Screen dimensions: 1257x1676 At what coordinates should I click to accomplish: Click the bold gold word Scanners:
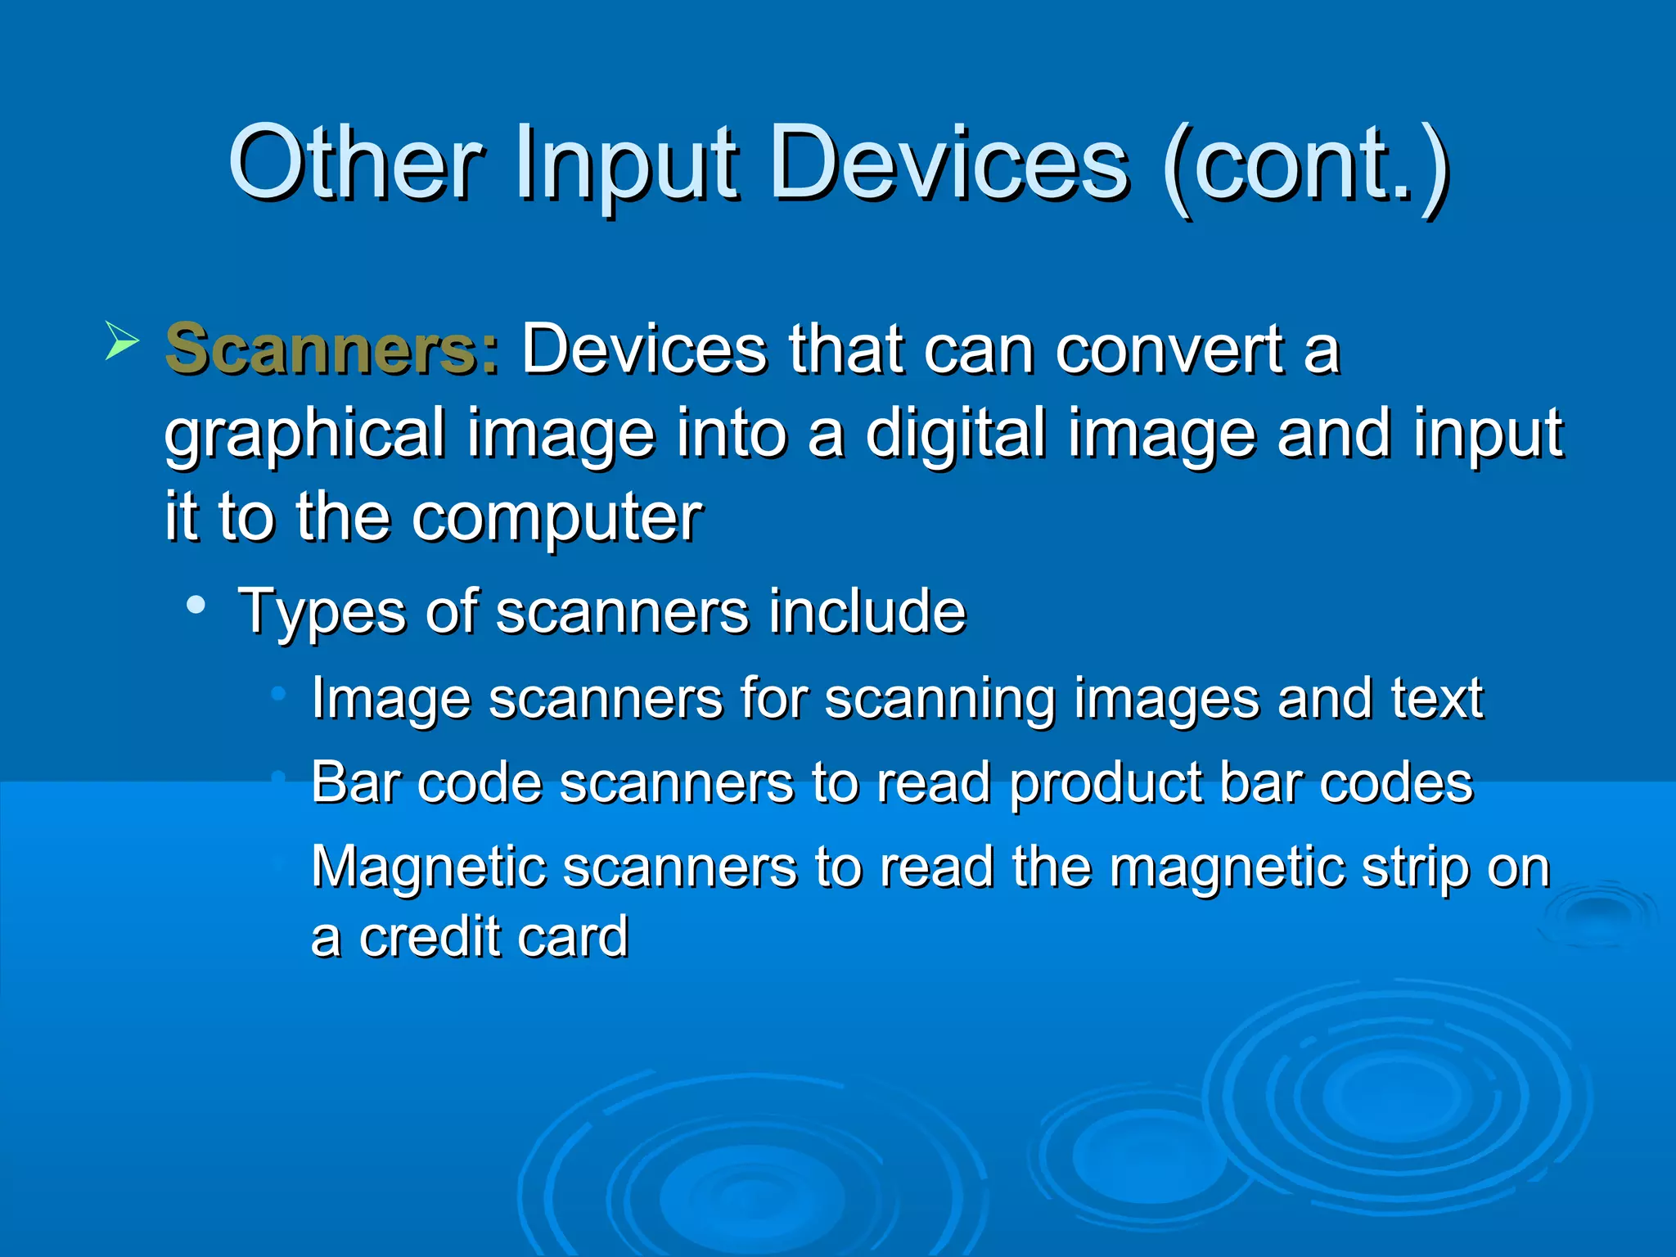point(331,350)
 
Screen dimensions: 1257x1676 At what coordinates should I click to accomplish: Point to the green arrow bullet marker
point(121,341)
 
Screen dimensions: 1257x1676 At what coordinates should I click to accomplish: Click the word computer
point(556,520)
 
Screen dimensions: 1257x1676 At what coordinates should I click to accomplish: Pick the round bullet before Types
point(196,606)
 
